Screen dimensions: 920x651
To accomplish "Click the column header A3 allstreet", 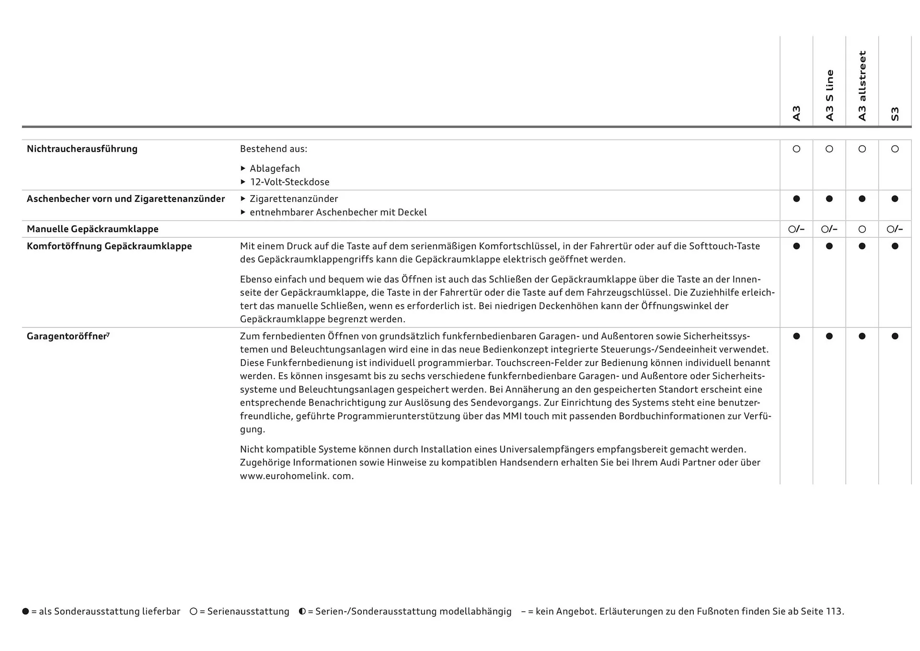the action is pyautogui.click(x=862, y=86).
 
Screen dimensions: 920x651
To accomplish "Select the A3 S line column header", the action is pyautogui.click(x=829, y=95).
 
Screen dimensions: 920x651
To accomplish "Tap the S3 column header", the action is pyautogui.click(x=895, y=114).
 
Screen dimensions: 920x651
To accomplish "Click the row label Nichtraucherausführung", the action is pyautogui.click(x=82, y=149).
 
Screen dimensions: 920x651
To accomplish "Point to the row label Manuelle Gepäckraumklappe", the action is pyautogui.click(x=92, y=229).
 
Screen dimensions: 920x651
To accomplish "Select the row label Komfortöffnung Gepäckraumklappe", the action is pyautogui.click(x=109, y=246).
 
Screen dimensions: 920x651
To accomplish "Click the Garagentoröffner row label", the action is pyautogui.click(x=67, y=337).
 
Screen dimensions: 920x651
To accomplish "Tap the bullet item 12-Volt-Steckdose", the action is pyautogui.click(x=289, y=182).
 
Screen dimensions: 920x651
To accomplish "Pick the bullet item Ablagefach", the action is pyautogui.click(x=275, y=169).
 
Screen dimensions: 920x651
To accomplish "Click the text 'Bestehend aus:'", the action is pyautogui.click(x=274, y=149).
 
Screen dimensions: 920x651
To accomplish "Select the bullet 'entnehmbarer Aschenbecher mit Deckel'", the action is pyautogui.click(x=338, y=212).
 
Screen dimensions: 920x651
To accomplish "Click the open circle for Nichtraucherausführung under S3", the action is pyautogui.click(x=895, y=149).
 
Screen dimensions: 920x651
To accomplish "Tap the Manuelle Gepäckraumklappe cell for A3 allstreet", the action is pyautogui.click(x=862, y=230).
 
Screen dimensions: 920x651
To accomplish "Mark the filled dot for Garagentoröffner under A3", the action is pyautogui.click(x=796, y=337).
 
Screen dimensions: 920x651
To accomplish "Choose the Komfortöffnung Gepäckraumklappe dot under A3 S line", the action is pyautogui.click(x=829, y=246).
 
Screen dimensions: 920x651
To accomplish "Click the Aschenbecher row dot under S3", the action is pyautogui.click(x=895, y=199).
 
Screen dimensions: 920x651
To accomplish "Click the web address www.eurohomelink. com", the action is pyautogui.click(x=297, y=477).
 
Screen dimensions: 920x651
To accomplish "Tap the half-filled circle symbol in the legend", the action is pyautogui.click(x=302, y=612).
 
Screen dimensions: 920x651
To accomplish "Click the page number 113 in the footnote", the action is pyautogui.click(x=834, y=612).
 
